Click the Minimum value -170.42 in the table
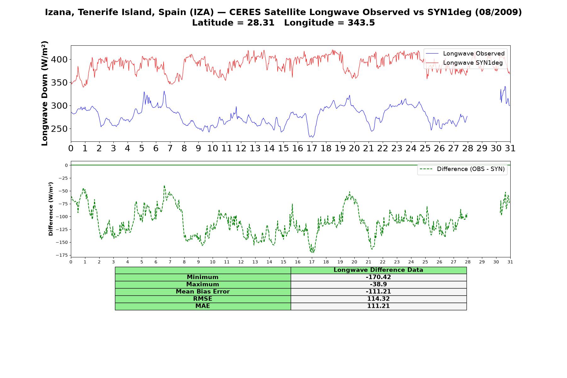[378, 277]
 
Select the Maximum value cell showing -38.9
[378, 284]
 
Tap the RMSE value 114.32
[378, 299]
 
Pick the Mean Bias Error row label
[203, 292]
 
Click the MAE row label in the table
[203, 306]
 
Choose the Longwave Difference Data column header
[378, 270]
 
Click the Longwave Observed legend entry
[465, 54]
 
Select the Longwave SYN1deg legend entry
[464, 63]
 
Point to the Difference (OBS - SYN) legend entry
[462, 169]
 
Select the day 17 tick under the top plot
[312, 148]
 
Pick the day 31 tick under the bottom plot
[510, 262]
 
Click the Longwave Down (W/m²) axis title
[44, 93]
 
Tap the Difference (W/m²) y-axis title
[51, 209]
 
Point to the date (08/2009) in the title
[498, 12]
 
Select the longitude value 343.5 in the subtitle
[361, 23]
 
